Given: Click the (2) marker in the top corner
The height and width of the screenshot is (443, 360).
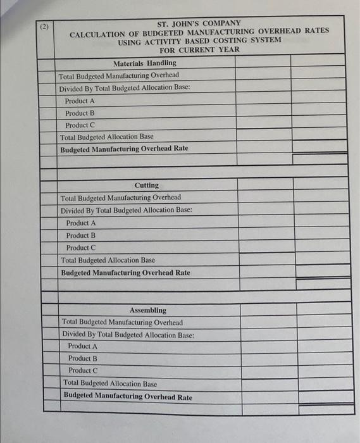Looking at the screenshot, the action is pyautogui.click(x=44, y=28).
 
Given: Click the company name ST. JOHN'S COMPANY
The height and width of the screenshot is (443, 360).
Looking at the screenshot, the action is pyautogui.click(x=199, y=23).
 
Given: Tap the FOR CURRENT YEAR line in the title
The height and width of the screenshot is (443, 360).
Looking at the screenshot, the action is pyautogui.click(x=199, y=49).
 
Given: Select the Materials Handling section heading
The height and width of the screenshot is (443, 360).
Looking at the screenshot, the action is pyautogui.click(x=144, y=63).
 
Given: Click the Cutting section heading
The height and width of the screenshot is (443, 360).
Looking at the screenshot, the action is pyautogui.click(x=147, y=185).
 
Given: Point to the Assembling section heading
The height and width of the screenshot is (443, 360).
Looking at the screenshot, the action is pyautogui.click(x=148, y=310).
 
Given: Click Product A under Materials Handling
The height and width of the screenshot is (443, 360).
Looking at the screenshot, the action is pyautogui.click(x=80, y=101).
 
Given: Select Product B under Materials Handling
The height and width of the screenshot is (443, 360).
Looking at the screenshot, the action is pyautogui.click(x=80, y=113).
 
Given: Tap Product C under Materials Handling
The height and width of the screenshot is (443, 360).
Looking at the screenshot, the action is pyautogui.click(x=80, y=125).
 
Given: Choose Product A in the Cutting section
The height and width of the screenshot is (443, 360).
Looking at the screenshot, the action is pyautogui.click(x=81, y=223).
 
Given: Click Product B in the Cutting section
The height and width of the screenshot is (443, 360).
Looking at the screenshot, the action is pyautogui.click(x=81, y=235).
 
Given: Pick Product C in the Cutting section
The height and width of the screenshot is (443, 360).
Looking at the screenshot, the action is pyautogui.click(x=81, y=247).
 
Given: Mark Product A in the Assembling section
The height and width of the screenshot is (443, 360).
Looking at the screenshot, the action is pyautogui.click(x=83, y=346).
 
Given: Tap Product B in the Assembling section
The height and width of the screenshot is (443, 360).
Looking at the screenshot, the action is pyautogui.click(x=83, y=358).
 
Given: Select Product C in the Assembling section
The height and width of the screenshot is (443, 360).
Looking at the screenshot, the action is pyautogui.click(x=83, y=370).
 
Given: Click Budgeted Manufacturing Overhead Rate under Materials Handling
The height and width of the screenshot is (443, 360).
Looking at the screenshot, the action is pyautogui.click(x=124, y=149).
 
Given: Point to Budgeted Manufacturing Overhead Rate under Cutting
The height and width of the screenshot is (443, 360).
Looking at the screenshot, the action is pyautogui.click(x=125, y=273).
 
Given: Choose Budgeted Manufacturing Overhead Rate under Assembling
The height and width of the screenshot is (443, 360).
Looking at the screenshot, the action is pyautogui.click(x=128, y=397).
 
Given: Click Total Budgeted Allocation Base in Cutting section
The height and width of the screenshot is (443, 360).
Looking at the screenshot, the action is pyautogui.click(x=108, y=260).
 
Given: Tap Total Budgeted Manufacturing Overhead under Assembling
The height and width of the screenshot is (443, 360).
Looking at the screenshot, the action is pyautogui.click(x=123, y=322).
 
